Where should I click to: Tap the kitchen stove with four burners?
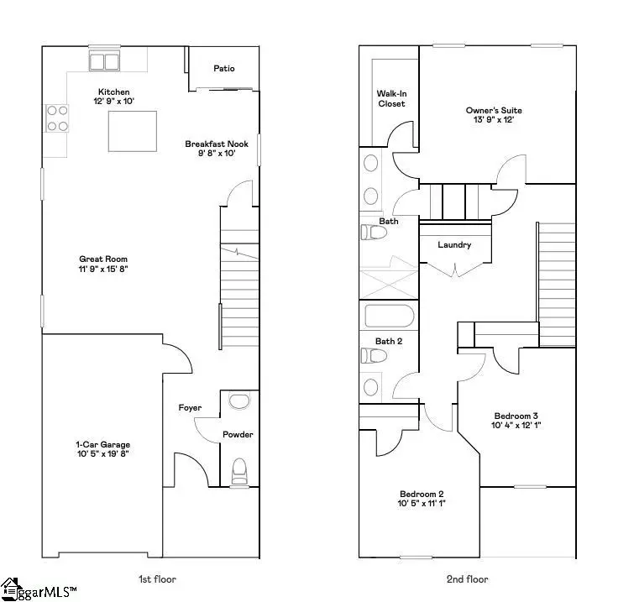tap(58, 118)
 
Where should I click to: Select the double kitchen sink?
tap(104, 60)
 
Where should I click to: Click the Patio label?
tap(223, 69)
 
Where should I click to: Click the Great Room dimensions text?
tap(103, 270)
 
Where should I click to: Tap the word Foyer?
tap(190, 408)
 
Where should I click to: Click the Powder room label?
tap(238, 434)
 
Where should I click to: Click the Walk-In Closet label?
tap(390, 98)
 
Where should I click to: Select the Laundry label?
tap(454, 245)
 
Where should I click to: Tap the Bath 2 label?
tap(390, 341)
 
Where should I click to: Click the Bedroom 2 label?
tap(422, 494)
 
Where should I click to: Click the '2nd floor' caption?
tap(467, 578)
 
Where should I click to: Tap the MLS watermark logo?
tap(39, 589)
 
